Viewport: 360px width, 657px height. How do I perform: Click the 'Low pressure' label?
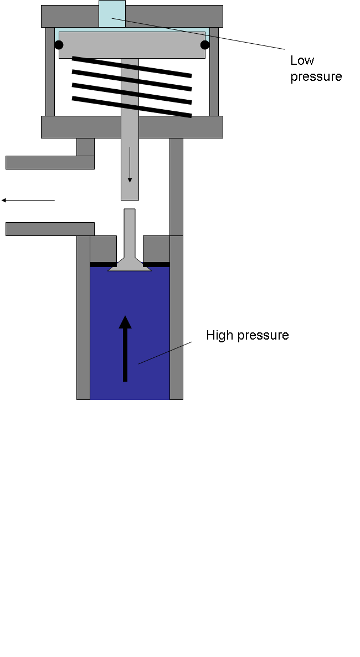tap(316, 68)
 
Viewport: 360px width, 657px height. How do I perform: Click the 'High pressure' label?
tap(247, 335)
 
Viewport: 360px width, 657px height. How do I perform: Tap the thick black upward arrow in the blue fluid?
tap(125, 349)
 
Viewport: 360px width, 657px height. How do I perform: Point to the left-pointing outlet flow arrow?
tap(28, 200)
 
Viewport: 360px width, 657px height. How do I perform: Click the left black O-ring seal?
tap(59, 45)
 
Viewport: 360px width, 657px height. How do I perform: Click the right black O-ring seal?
tap(205, 45)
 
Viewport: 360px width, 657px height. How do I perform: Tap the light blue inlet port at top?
tap(112, 14)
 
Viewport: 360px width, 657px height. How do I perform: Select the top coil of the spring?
tap(132, 66)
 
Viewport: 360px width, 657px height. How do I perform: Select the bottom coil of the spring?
tap(132, 107)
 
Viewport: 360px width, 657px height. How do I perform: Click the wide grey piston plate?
tap(132, 45)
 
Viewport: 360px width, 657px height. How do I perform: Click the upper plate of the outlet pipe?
tap(50, 162)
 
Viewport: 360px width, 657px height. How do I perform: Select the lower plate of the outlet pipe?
tap(50, 229)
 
